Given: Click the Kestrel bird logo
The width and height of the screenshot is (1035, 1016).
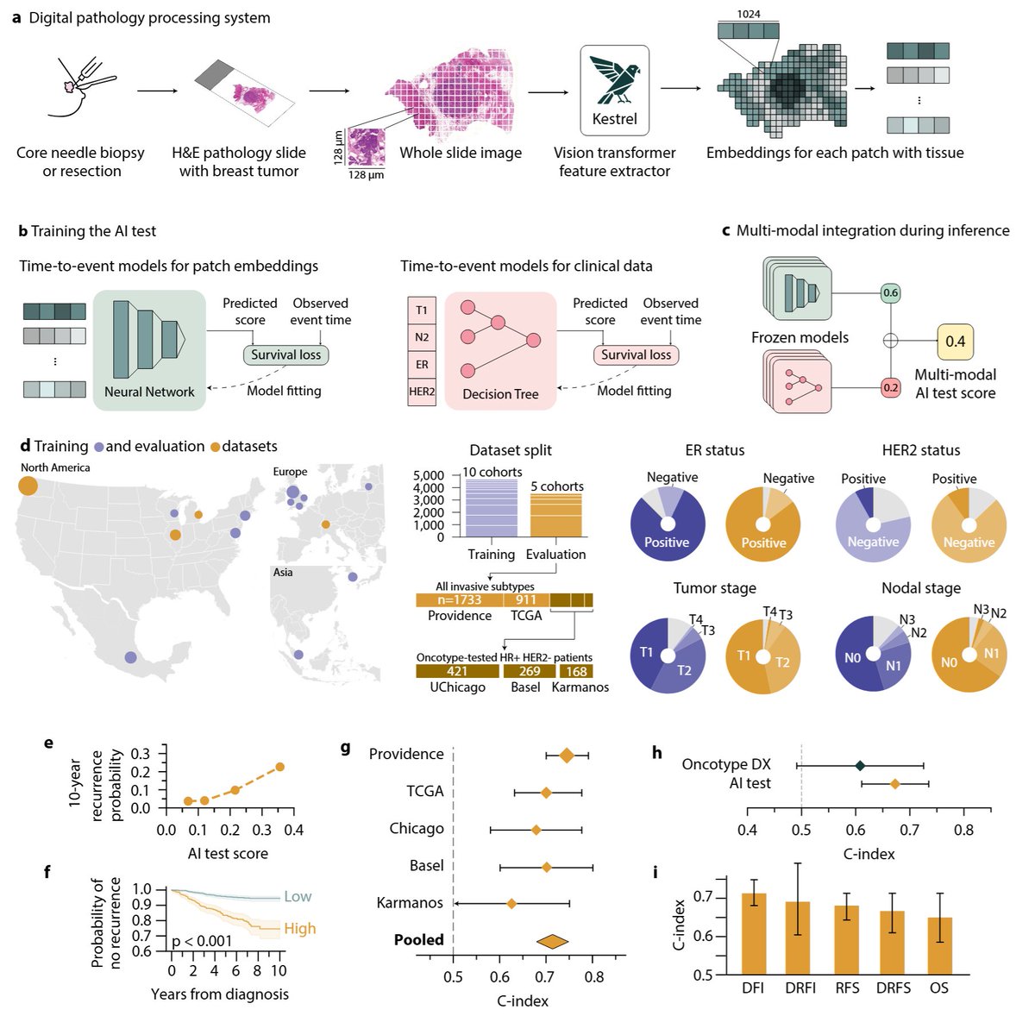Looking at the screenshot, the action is click(614, 79).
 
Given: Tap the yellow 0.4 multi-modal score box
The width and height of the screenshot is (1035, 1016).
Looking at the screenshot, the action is click(955, 342).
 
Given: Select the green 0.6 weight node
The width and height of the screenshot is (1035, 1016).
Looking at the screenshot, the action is click(890, 293).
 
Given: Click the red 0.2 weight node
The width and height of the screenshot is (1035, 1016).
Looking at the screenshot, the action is click(890, 387).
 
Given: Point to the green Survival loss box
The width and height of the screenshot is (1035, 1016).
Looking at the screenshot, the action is click(285, 354).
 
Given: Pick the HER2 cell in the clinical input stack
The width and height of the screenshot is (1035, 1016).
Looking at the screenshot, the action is click(422, 392).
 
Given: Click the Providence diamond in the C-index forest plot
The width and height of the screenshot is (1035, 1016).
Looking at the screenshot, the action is click(566, 756).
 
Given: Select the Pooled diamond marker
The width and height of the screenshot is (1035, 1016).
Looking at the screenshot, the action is click(552, 941).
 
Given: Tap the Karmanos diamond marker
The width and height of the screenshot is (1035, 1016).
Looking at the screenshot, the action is click(511, 904).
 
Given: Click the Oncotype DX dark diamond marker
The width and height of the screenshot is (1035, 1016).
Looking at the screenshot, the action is click(860, 766).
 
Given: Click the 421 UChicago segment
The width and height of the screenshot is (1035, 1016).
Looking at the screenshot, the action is click(458, 671).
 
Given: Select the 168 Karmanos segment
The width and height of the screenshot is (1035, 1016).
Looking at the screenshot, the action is click(576, 671).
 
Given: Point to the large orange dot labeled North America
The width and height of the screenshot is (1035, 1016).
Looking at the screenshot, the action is click(28, 486).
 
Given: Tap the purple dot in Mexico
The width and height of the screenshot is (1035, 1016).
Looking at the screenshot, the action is click(130, 657).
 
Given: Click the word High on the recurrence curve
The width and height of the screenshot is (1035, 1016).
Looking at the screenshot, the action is click(299, 928).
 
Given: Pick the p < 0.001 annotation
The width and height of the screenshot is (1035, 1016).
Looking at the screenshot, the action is click(202, 941).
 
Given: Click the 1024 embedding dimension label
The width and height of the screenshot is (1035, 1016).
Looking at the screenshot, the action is click(748, 14).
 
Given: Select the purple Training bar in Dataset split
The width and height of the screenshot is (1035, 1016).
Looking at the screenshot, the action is click(492, 508).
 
